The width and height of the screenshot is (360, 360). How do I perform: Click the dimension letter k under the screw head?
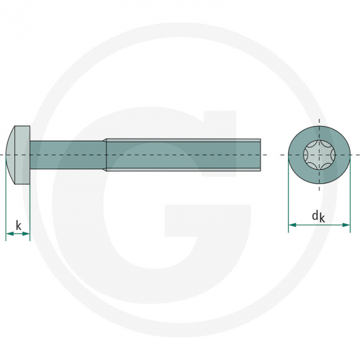pos(19,225)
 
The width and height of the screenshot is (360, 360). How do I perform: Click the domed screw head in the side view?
pos(19,154)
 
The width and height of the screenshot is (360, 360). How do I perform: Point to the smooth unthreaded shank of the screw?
pos(67,154)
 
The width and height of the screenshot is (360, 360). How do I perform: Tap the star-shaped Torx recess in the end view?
pos(319,154)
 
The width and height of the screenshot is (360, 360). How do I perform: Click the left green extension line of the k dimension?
pos(6,206)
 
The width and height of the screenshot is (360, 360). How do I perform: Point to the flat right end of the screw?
pos(260,154)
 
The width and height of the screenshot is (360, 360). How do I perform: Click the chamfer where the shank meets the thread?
pos(104,154)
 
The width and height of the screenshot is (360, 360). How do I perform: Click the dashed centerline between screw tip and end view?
pos(275,154)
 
